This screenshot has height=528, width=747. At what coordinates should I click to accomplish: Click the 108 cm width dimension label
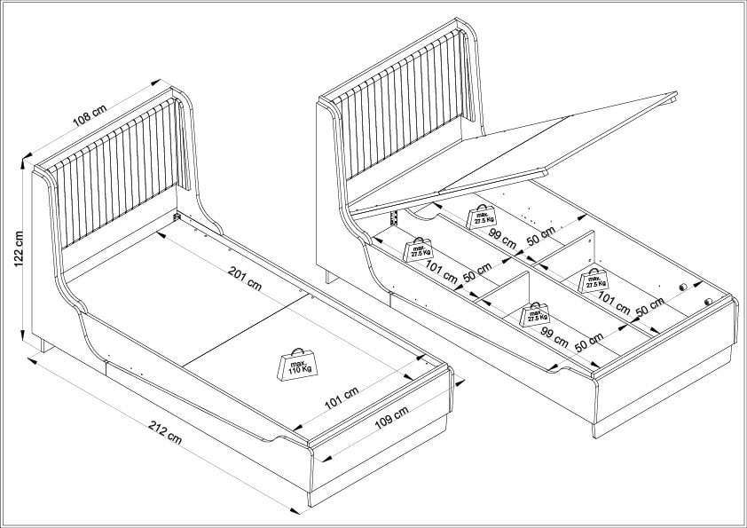pyautogui.click(x=89, y=115)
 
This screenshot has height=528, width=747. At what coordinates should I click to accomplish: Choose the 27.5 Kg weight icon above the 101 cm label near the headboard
pyautogui.click(x=418, y=249)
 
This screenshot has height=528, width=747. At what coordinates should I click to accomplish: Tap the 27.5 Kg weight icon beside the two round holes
pyautogui.click(x=594, y=280)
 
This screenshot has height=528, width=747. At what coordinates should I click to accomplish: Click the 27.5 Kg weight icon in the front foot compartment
pyautogui.click(x=535, y=313)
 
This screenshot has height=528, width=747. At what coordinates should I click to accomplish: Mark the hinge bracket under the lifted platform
pyautogui.click(x=390, y=217)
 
